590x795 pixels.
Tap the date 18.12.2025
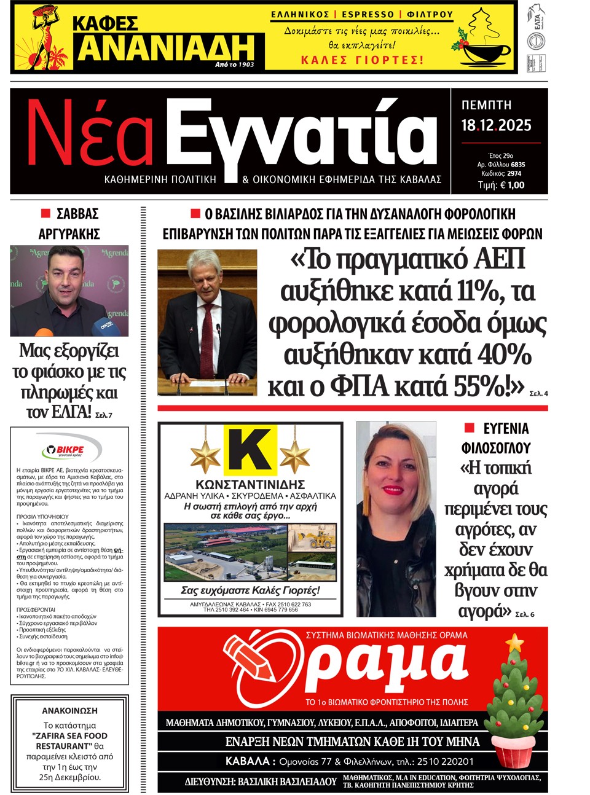click(x=496, y=125)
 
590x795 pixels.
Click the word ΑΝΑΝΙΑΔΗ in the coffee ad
click(x=166, y=48)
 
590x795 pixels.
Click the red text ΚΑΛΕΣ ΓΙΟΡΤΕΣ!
click(x=362, y=60)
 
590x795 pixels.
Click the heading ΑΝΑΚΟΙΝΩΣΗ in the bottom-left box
click(x=69, y=710)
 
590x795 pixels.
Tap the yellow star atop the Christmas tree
click(x=514, y=643)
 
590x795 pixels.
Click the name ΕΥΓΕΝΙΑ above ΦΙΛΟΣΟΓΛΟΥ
click(x=505, y=428)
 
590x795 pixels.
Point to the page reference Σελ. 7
click(x=104, y=415)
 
